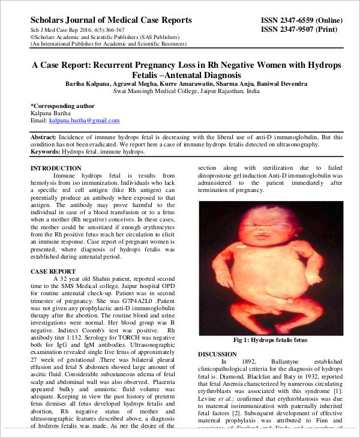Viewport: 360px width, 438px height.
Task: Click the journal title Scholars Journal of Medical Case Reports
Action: click(111, 20)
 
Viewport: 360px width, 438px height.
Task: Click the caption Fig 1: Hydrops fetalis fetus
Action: click(270, 340)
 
